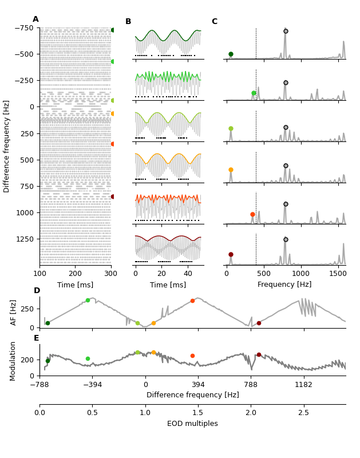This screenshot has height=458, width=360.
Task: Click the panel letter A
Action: pyautogui.click(x=35, y=19)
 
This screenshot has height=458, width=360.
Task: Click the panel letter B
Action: pyautogui.click(x=128, y=22)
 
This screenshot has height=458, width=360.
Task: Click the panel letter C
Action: pyautogui.click(x=215, y=22)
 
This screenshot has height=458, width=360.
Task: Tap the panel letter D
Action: pyautogui.click(x=37, y=291)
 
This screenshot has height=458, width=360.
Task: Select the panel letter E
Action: pyautogui.click(x=37, y=338)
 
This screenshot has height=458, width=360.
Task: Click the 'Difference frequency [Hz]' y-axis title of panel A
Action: pyautogui.click(x=7, y=146)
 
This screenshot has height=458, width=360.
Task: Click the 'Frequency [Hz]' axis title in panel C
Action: pyautogui.click(x=284, y=285)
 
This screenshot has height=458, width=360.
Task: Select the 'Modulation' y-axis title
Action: pyautogui.click(x=13, y=361)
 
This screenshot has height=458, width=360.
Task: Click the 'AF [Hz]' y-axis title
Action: pyautogui.click(x=13, y=312)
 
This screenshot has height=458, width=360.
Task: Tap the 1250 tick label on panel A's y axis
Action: pyautogui.click(x=25, y=239)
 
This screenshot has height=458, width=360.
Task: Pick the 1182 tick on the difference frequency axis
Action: pyautogui.click(x=303, y=385)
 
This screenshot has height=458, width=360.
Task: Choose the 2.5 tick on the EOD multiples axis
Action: pyautogui.click(x=303, y=412)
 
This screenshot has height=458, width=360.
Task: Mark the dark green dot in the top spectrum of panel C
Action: pyautogui.click(x=231, y=54)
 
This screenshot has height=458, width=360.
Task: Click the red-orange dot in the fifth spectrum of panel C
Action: pyautogui.click(x=252, y=214)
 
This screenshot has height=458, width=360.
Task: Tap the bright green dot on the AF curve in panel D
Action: pyautogui.click(x=88, y=300)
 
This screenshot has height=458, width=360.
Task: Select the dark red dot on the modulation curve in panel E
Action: pyautogui.click(x=259, y=354)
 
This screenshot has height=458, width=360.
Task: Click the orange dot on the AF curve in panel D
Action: pyautogui.click(x=153, y=323)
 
